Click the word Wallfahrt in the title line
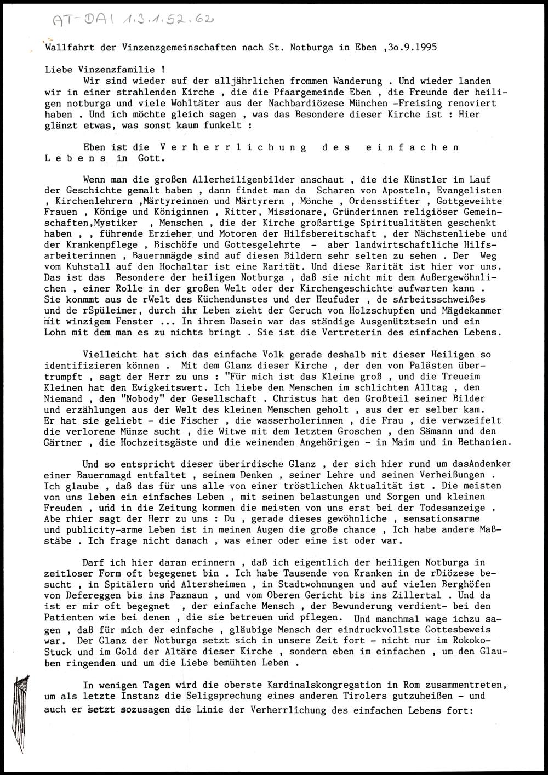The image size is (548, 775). coord(65,47)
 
